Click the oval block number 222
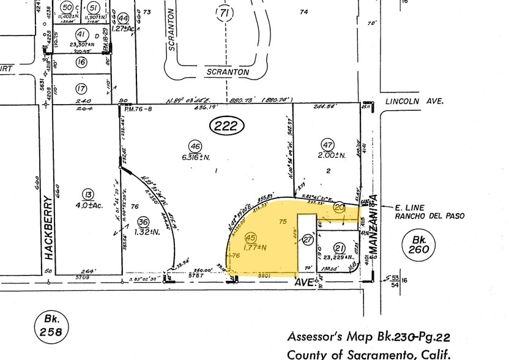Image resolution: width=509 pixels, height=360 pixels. tap(227, 127)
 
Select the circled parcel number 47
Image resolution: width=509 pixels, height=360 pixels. tap(327, 144)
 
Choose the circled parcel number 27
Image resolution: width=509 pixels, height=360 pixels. tap(307, 241)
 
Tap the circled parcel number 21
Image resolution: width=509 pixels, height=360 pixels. tap(340, 247)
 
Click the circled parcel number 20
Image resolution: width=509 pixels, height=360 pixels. tap(340, 209)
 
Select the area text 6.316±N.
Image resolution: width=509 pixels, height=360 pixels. tap(196, 158)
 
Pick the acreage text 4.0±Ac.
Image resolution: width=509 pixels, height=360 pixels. tap(89, 206)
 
